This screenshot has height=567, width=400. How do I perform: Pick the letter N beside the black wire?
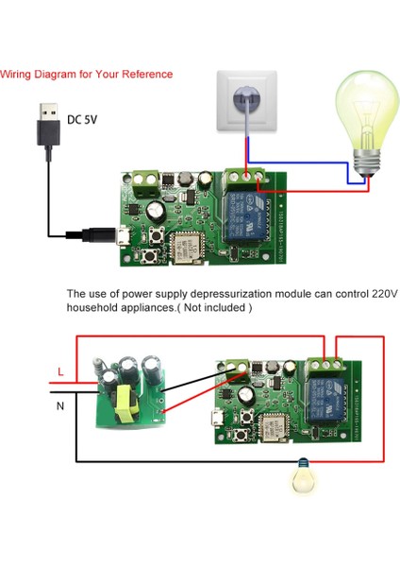60,405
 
